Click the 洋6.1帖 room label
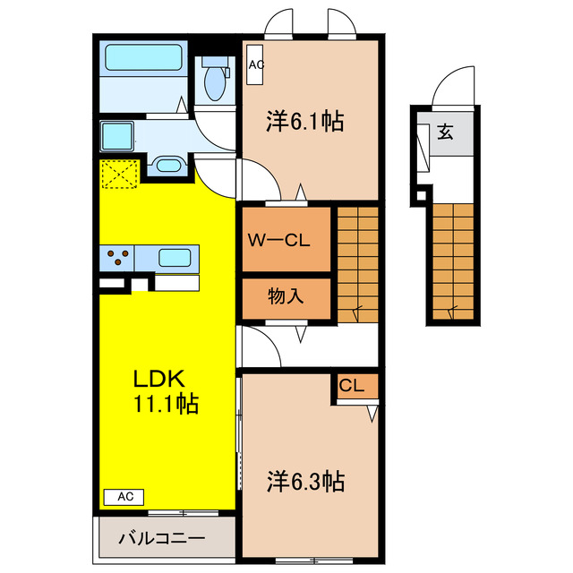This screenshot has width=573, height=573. (x=304, y=122)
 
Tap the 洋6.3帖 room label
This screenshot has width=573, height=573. (x=305, y=481)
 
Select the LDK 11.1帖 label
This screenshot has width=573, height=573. (x=166, y=391)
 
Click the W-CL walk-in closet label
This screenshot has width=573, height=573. (x=278, y=240)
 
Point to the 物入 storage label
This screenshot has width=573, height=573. (x=286, y=295)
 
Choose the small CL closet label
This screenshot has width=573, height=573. (x=352, y=385)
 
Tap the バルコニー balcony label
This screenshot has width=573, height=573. (x=161, y=538)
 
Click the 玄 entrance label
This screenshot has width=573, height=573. (x=446, y=132)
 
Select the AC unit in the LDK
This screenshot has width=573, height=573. (x=124, y=497)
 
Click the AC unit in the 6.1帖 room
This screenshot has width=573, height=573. (x=254, y=64)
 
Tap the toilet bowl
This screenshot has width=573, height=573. (x=215, y=82)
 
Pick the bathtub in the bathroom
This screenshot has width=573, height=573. (x=143, y=57)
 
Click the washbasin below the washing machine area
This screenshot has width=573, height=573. (x=168, y=165)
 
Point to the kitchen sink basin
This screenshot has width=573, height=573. (x=175, y=258)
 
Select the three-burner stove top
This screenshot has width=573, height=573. (x=117, y=258)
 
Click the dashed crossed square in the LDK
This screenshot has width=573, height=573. (x=119, y=175)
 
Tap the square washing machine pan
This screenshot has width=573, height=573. (x=117, y=136)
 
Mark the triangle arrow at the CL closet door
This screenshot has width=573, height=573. (x=372, y=414)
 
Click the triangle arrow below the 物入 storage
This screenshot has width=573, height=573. (x=301, y=334)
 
